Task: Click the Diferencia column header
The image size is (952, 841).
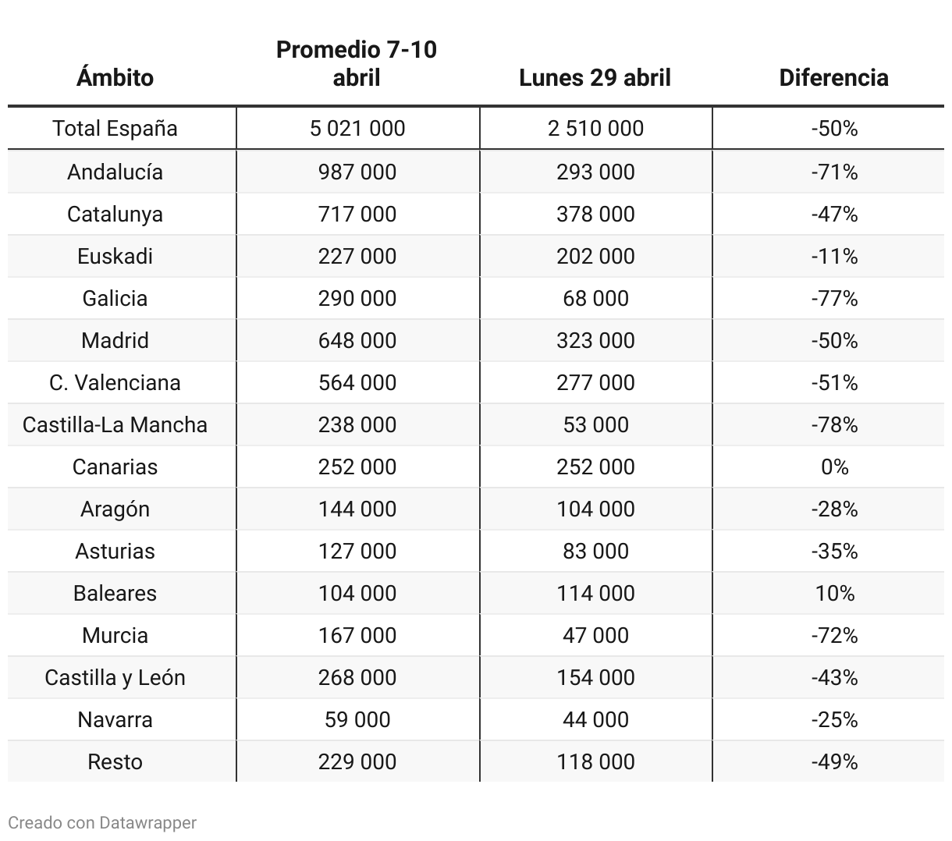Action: coord(833,77)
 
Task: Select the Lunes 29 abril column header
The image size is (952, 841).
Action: coord(595,77)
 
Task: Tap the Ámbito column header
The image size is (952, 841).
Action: coord(115,77)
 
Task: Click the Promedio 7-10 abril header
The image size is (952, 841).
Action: coord(357,63)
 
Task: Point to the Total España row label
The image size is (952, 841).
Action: coord(115,128)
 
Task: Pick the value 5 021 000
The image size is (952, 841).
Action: coord(357,128)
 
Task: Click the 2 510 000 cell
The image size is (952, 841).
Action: coord(595,128)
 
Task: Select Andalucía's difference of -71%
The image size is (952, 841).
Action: coord(834,172)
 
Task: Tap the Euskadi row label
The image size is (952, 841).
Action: coord(115,256)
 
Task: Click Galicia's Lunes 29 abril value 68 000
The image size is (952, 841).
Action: coord(595,298)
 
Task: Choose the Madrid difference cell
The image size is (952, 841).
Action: coord(834,340)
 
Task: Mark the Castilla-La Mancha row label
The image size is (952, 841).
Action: coord(115,424)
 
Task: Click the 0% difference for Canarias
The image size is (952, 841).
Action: coord(834,467)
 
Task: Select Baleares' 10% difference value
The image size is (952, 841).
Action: coord(834,593)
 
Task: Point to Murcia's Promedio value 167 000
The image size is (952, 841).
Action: coord(357,635)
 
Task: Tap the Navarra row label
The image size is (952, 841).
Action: coord(115,719)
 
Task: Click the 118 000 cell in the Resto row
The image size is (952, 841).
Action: coord(595,761)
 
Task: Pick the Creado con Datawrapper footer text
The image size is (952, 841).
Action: coord(102,822)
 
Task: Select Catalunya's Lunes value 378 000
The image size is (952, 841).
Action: coord(595,214)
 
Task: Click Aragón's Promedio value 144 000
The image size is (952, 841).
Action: coord(357,509)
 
